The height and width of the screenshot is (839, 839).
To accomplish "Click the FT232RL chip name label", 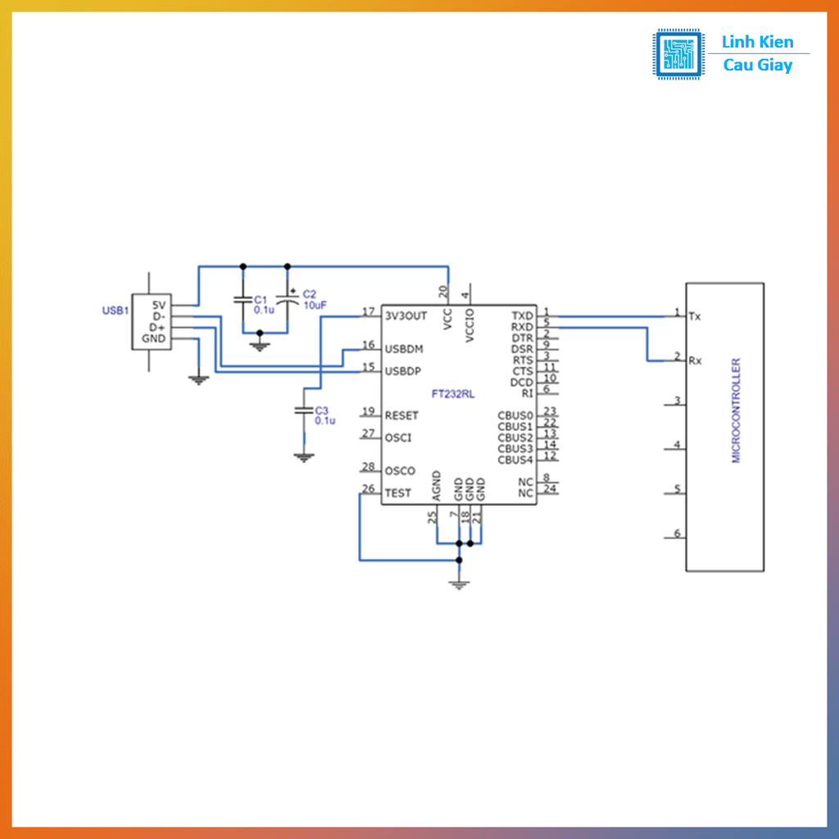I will (x=453, y=394).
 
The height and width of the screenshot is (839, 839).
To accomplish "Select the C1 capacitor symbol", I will (x=242, y=300).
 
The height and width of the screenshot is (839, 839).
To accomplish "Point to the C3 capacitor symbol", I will (x=304, y=410).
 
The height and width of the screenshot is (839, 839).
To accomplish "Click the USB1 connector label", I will (x=115, y=311).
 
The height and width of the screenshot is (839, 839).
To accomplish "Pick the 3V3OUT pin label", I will (x=406, y=315).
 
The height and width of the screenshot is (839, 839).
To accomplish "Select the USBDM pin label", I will (x=403, y=348).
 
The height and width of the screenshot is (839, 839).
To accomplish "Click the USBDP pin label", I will (x=402, y=371).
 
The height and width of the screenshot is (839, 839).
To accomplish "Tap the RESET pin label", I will (x=401, y=415).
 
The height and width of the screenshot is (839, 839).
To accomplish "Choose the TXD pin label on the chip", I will (x=522, y=315).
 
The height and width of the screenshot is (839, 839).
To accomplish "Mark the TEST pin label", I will (x=397, y=493).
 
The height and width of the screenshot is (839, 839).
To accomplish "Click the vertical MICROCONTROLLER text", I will (x=736, y=410).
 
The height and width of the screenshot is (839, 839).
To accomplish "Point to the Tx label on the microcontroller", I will (x=695, y=315).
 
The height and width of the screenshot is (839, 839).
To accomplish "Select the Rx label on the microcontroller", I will (x=695, y=361).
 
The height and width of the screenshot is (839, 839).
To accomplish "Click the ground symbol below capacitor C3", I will (x=304, y=457).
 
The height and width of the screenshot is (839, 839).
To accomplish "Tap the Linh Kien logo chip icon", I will (x=678, y=54).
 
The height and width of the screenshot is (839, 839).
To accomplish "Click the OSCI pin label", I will (x=397, y=438).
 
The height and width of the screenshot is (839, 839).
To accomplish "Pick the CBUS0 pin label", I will (x=515, y=415).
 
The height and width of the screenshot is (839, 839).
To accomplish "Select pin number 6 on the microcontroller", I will (x=677, y=533).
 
